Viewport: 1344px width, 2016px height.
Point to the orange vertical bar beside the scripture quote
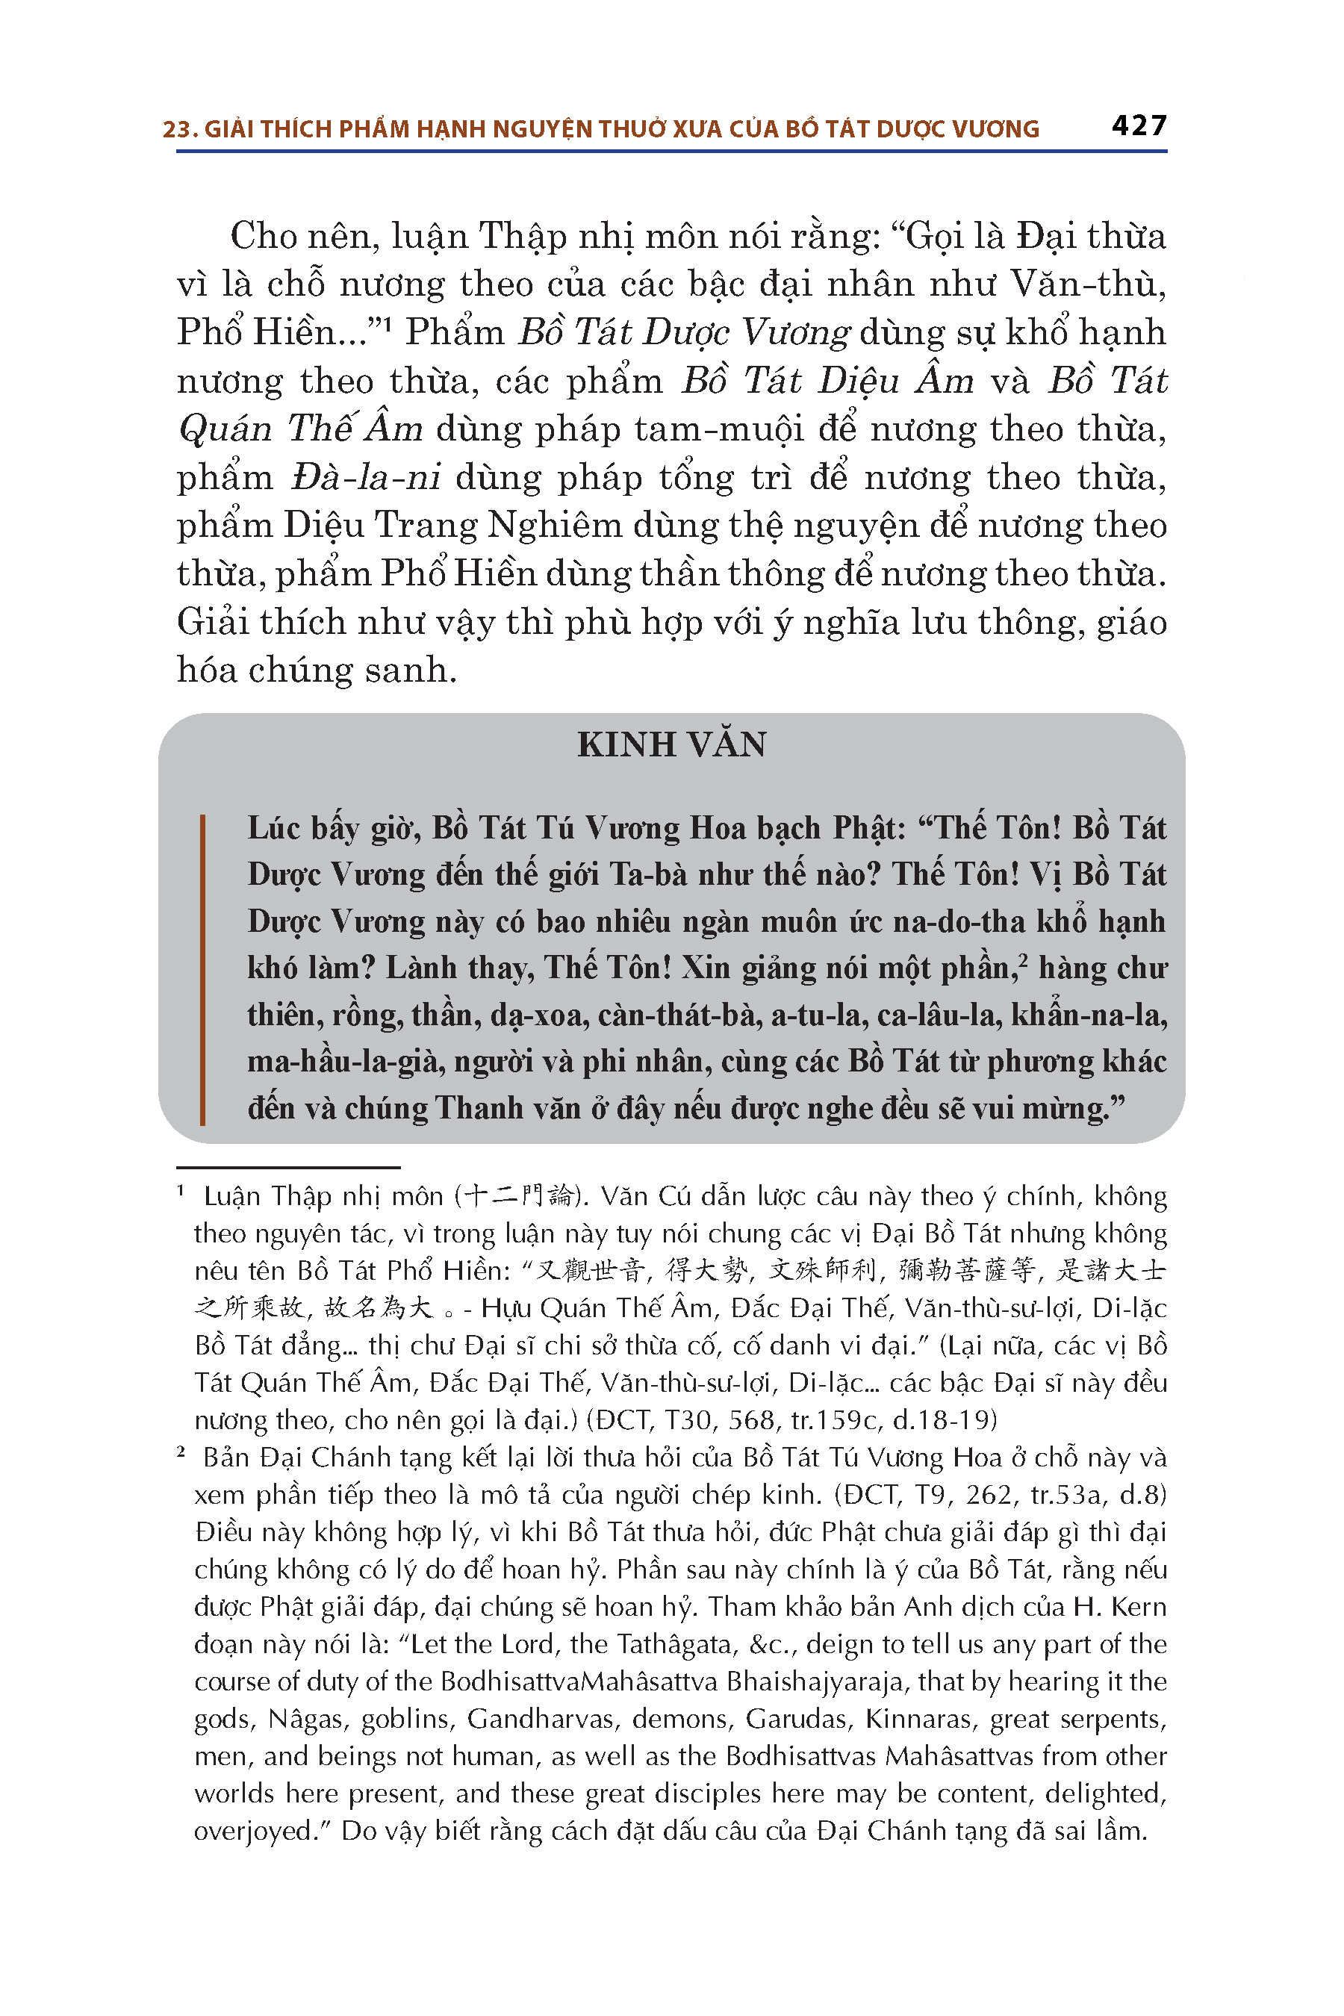[202, 968]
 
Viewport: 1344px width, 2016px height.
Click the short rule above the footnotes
[288, 1168]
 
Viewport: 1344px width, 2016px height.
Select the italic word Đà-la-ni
[366, 477]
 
